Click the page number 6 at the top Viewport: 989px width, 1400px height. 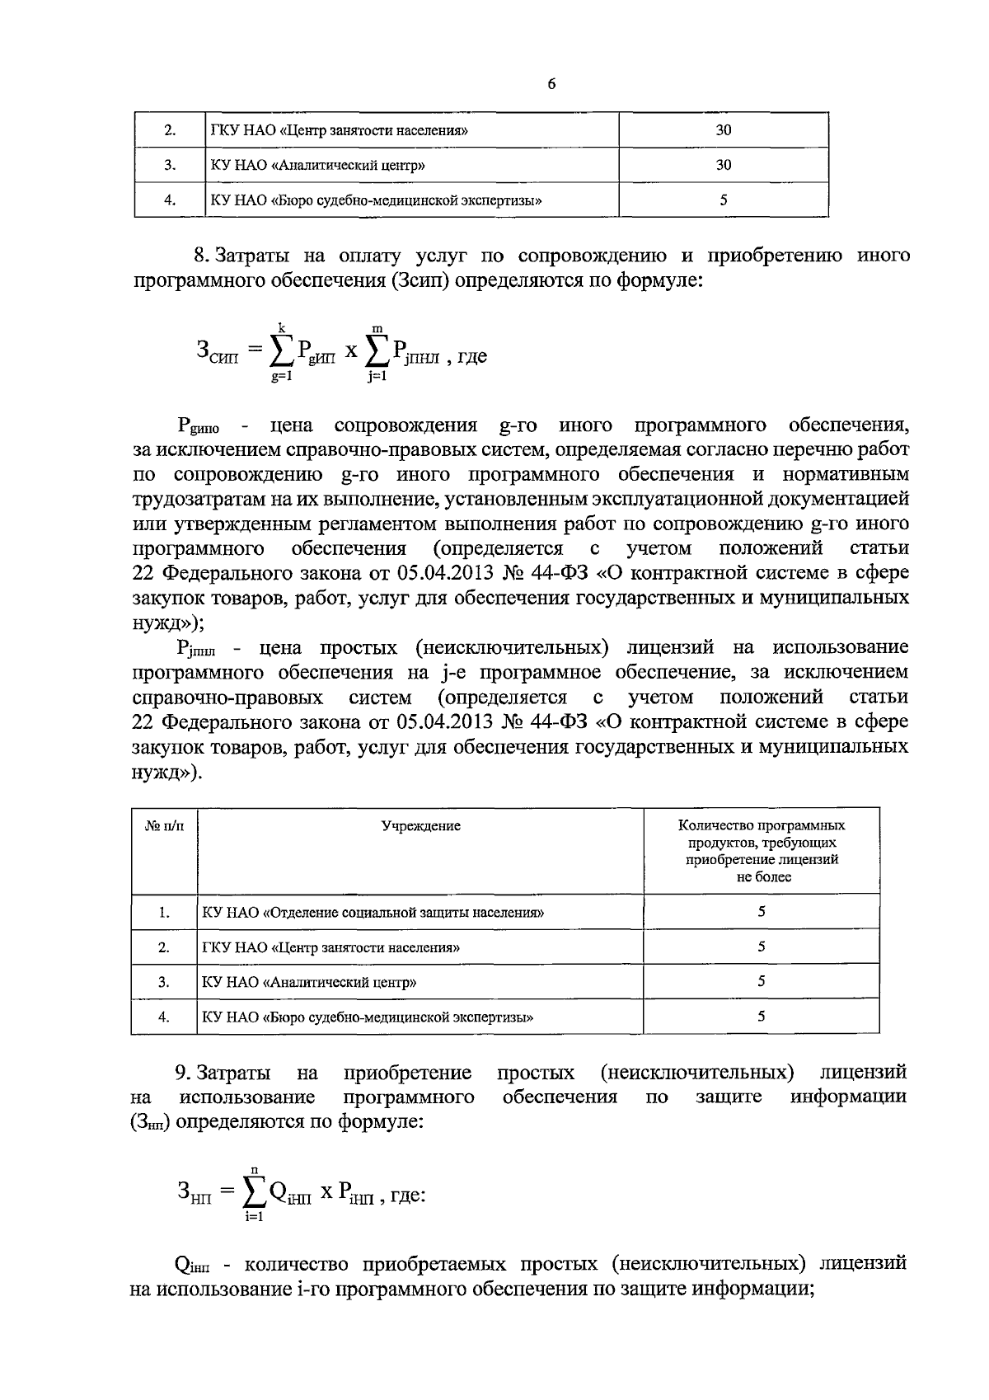(x=551, y=84)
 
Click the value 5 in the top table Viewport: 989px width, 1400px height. (x=723, y=200)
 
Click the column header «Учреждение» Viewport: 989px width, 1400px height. (x=420, y=825)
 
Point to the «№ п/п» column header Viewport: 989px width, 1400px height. (x=164, y=825)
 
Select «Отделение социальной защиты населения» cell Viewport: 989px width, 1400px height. (x=373, y=913)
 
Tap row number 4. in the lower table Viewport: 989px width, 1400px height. (x=164, y=1017)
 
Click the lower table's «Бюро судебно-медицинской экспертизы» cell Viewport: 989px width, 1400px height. (x=368, y=1017)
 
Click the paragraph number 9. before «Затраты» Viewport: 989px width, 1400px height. (x=185, y=1073)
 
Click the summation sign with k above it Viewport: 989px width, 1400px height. (x=280, y=352)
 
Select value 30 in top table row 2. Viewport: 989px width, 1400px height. (x=723, y=130)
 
